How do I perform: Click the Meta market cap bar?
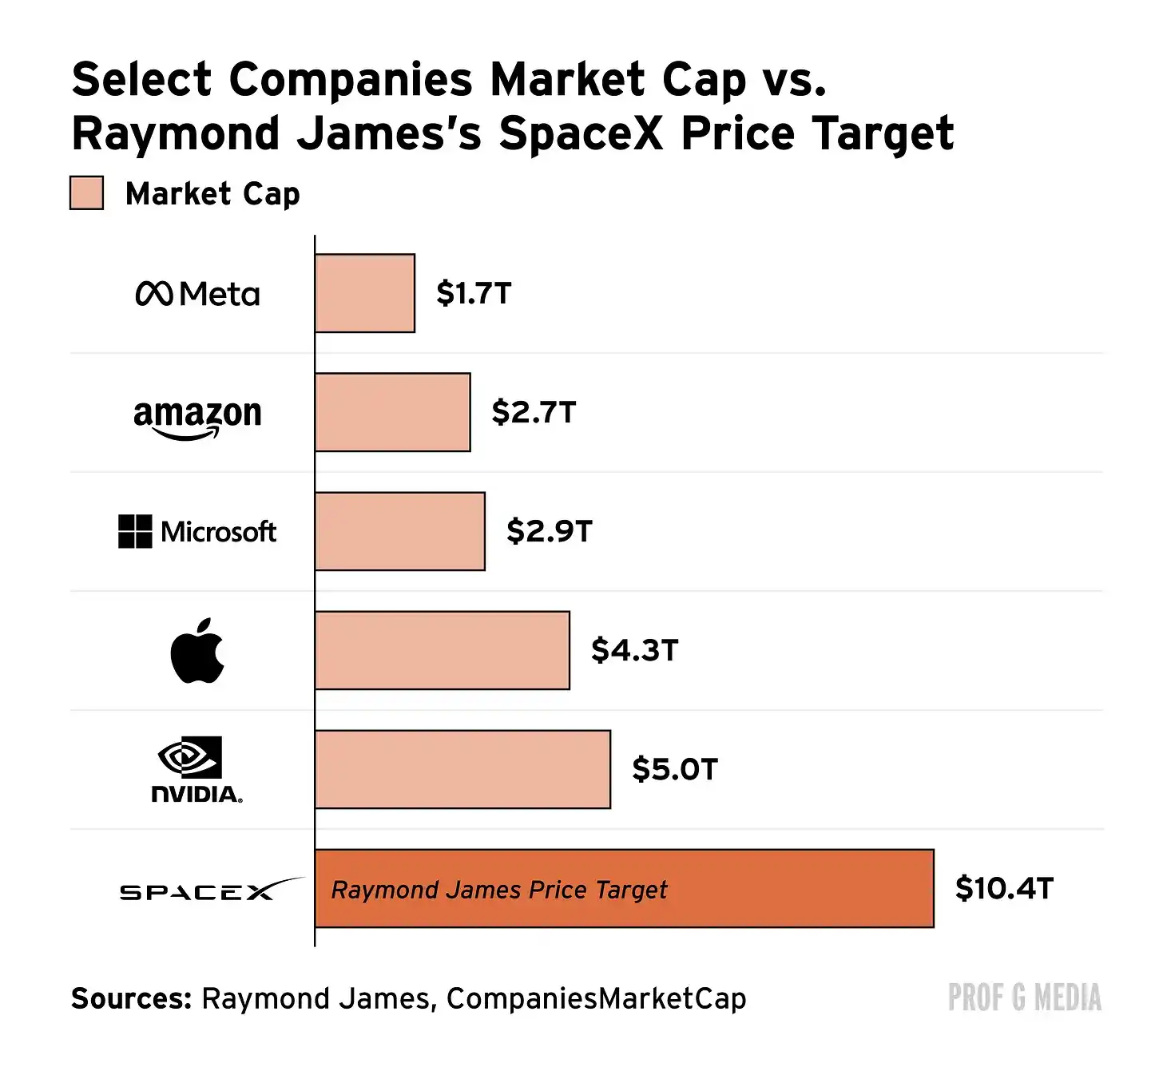click(x=365, y=293)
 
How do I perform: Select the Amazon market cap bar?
click(x=393, y=412)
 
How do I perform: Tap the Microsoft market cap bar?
click(x=400, y=531)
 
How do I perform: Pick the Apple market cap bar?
click(x=443, y=650)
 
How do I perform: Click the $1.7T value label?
click(x=474, y=293)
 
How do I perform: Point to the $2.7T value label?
click(x=534, y=412)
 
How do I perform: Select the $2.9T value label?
click(x=549, y=530)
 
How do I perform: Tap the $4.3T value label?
click(x=634, y=649)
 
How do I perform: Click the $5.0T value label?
click(x=675, y=769)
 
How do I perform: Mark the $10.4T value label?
click(x=1004, y=888)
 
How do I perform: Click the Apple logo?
click(x=197, y=650)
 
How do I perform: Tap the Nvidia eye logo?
click(x=189, y=757)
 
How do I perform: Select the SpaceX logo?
click(x=212, y=889)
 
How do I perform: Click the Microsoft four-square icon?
click(x=135, y=531)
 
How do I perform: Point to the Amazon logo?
click(x=198, y=418)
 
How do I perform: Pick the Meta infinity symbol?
click(x=153, y=293)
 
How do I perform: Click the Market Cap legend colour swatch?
click(x=86, y=192)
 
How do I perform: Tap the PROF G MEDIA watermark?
click(x=1025, y=998)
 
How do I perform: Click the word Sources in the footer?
click(x=131, y=998)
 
